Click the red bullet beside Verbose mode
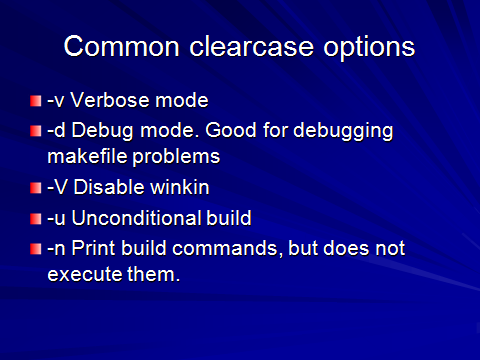(x=36, y=102)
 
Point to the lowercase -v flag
(x=57, y=102)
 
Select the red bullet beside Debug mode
(x=36, y=131)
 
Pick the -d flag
(x=57, y=131)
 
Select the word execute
(x=81, y=273)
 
